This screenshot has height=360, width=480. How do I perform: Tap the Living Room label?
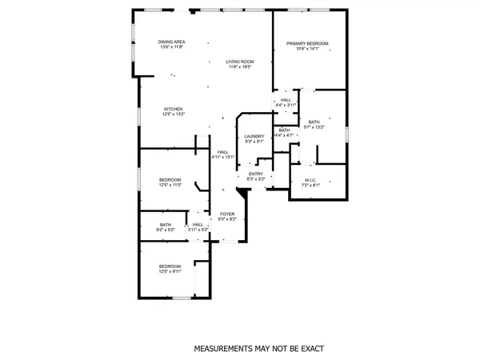(x=239, y=62)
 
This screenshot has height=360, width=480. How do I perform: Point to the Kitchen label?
(x=174, y=109)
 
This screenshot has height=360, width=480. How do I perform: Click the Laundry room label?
(x=254, y=136)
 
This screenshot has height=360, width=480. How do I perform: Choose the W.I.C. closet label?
(x=310, y=180)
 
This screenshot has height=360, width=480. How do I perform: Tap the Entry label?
(x=255, y=174)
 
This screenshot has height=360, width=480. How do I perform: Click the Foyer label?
(x=226, y=214)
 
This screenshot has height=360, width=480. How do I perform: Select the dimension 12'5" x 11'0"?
(x=170, y=184)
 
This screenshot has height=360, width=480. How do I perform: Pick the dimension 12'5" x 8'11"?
(x=170, y=271)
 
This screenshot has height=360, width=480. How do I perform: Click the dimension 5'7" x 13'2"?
(x=314, y=127)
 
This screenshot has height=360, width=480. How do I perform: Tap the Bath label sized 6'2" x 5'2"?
(x=165, y=225)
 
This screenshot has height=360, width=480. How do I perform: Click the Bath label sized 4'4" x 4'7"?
(x=284, y=130)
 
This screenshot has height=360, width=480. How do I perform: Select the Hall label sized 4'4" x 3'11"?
(x=286, y=100)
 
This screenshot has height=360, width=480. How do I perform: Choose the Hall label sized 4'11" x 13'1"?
(x=223, y=151)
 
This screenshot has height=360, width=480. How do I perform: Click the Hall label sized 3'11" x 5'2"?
(x=198, y=225)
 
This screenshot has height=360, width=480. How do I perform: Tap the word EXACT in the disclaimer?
(x=311, y=350)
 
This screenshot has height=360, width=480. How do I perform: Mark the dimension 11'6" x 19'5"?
(x=239, y=67)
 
